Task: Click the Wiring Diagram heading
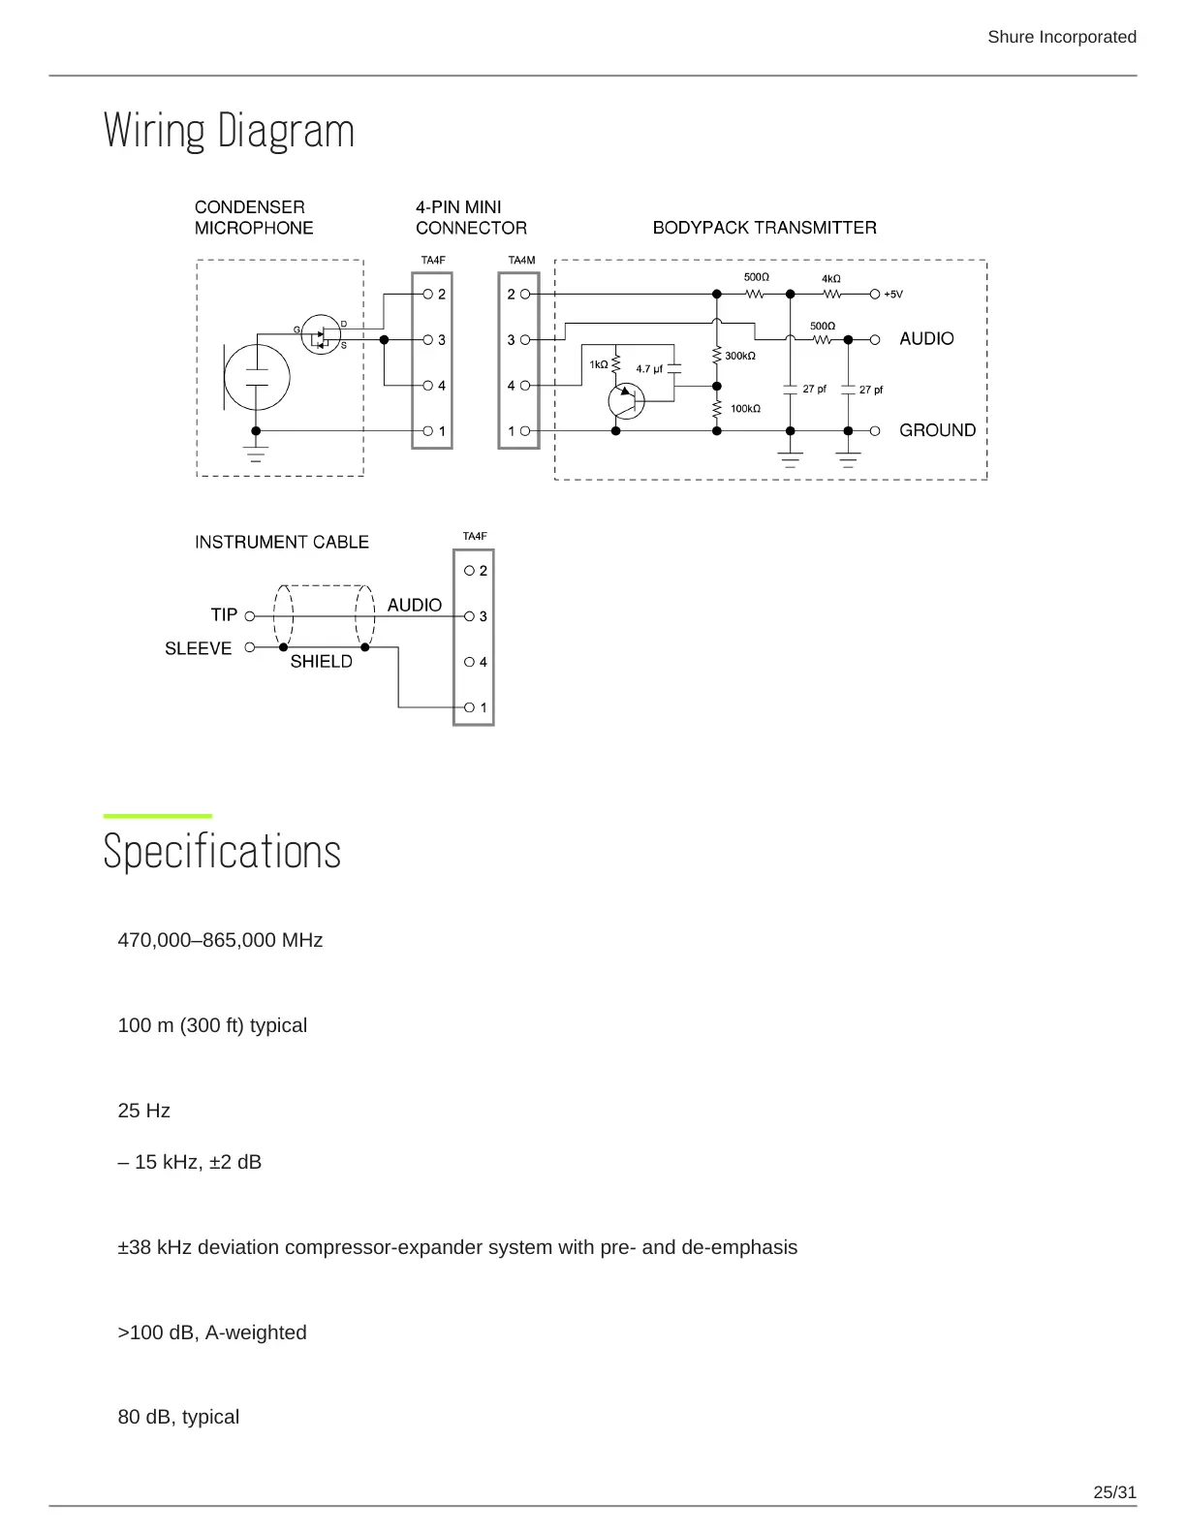coord(229,131)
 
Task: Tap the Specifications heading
coord(222,852)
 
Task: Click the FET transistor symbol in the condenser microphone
coord(322,335)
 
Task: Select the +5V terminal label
coord(892,295)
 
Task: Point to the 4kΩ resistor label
coord(831,279)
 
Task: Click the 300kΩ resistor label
coord(740,357)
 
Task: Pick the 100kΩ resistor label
coord(745,409)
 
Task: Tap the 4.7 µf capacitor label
coord(649,369)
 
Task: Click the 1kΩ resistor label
coord(599,365)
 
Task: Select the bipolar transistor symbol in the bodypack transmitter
coord(626,400)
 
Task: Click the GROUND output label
coord(937,430)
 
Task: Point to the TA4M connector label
coord(521,261)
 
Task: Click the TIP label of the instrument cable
coord(224,615)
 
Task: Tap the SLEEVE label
coord(198,649)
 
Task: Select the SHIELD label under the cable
coord(321,662)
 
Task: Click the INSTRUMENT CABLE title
coord(281,543)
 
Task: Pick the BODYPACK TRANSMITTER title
coord(764,228)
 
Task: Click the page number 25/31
coord(1114,1492)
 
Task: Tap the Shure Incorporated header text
coord(1061,37)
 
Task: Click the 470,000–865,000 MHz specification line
coord(220,940)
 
